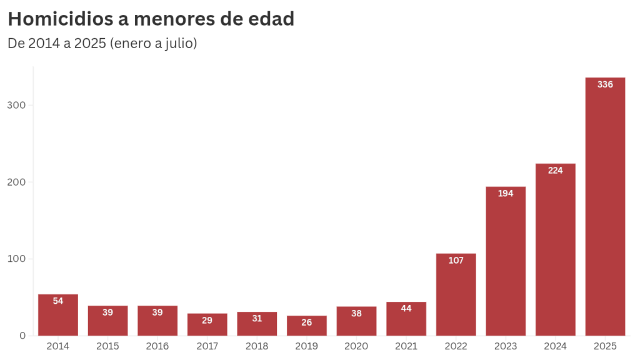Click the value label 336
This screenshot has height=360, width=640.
pos(605,84)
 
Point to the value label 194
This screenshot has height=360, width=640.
pos(506,194)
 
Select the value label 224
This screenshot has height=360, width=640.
pos(555,171)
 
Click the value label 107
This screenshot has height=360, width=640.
pos(456,261)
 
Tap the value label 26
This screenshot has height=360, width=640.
pos(307,322)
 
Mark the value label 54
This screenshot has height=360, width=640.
pos(58,301)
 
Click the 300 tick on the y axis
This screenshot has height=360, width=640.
pos(17,105)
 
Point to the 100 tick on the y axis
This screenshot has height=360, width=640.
pos(17,259)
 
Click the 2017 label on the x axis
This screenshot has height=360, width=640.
pos(207,346)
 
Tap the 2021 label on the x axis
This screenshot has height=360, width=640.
pos(406,346)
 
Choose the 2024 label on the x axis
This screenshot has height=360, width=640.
pos(555,346)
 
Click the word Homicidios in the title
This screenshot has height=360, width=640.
pos(61,19)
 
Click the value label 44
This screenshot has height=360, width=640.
pos(406,308)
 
